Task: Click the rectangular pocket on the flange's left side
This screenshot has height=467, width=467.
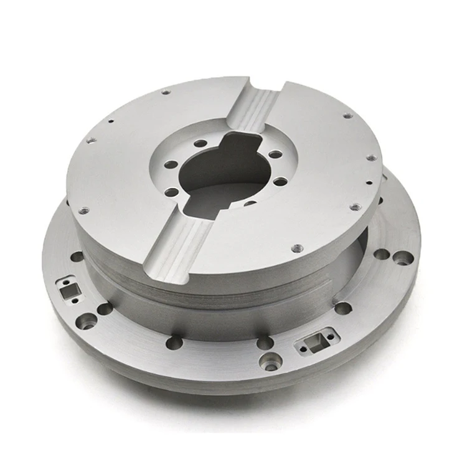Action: [65, 287]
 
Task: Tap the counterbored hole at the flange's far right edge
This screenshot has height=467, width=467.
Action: [404, 257]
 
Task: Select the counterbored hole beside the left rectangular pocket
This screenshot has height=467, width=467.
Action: [87, 321]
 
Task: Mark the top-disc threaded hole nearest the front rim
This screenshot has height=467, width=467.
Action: [297, 248]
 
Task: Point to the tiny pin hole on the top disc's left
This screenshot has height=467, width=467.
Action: [110, 121]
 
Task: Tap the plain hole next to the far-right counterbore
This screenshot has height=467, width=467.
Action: [380, 254]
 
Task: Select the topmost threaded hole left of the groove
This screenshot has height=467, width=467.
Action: [166, 93]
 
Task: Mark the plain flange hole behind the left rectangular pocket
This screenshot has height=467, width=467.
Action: [77, 256]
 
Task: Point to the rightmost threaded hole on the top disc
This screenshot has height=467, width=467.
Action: [372, 158]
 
